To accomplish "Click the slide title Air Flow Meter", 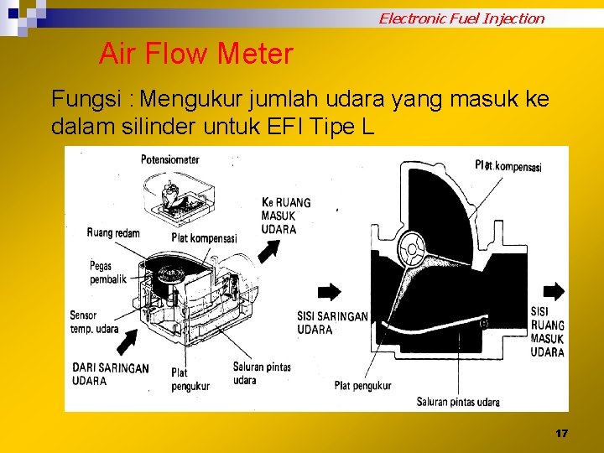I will coord(196,55).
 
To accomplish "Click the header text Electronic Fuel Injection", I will coord(461,18).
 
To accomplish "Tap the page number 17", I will coord(561,434).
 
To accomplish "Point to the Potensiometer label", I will coord(170,159).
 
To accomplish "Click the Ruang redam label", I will coord(113,232).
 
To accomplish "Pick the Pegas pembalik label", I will coord(108,273).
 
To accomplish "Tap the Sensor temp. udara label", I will coord(94,322).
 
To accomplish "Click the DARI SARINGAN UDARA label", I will coord(111,374).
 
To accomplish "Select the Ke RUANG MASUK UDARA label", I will coord(286,216).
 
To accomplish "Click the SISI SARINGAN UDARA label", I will coord(332,322).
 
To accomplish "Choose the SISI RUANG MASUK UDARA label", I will coord(548,331).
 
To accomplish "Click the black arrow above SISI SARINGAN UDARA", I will coord(330,291).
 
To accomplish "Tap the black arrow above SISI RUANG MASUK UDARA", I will coord(554,291).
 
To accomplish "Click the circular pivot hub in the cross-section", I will coord(413,248).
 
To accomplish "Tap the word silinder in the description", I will coord(149,128).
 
